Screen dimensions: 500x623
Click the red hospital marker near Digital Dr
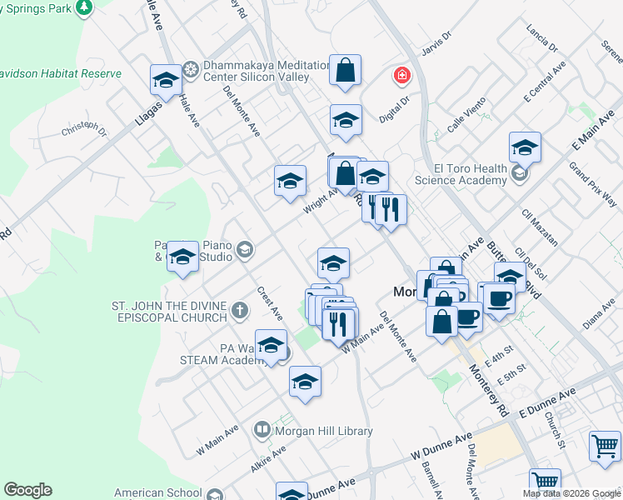pos(403,76)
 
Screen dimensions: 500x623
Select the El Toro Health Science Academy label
pos(461,174)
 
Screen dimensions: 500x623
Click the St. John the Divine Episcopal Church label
pos(169,312)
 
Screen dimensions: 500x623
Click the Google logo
pos(27,490)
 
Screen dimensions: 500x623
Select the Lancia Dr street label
pos(541,38)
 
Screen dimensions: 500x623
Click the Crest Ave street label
pos(271,302)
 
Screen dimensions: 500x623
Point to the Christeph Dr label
pos(84,131)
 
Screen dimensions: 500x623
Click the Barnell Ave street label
pos(432,477)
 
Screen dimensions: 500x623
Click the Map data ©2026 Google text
pos(572,493)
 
